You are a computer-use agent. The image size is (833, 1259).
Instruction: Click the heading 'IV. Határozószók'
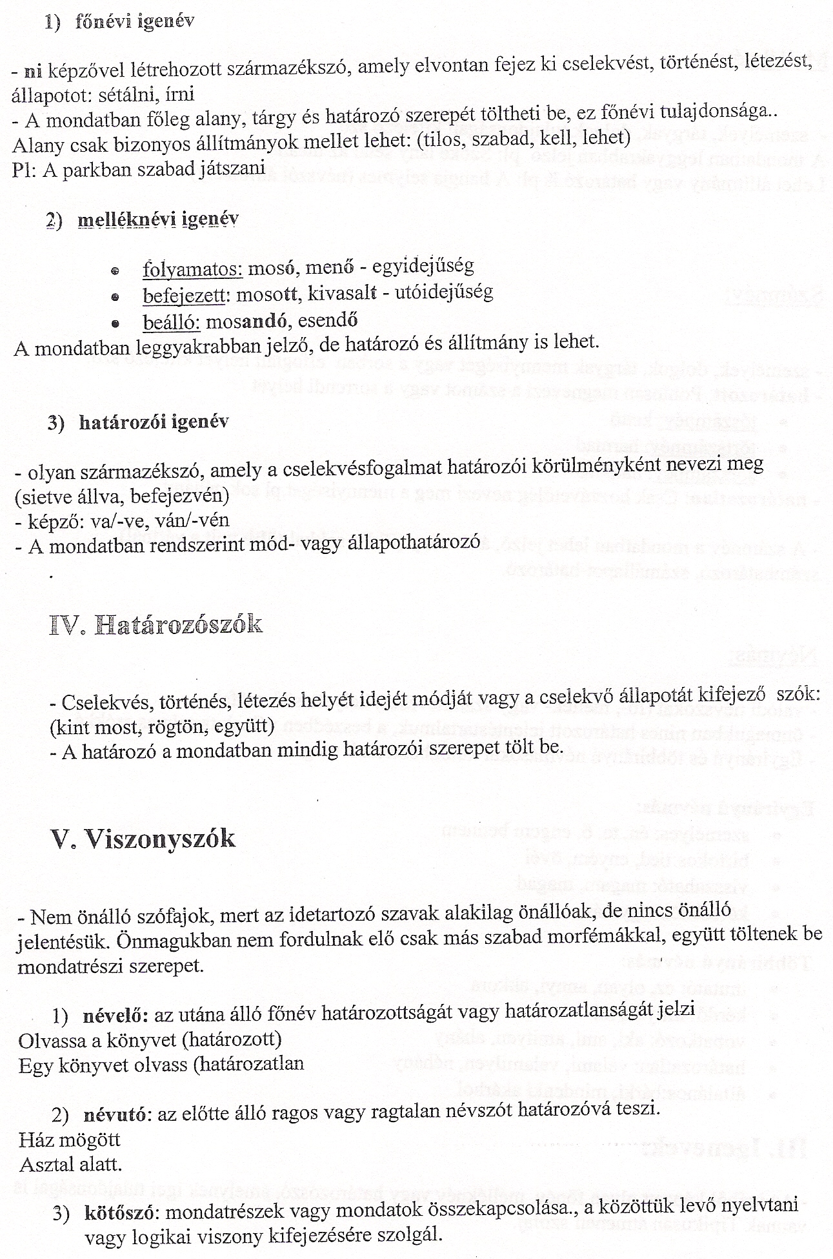tap(156, 625)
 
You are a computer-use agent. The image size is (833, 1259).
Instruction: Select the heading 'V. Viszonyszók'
tap(143, 839)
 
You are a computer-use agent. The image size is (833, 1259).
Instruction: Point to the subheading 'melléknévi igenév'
tap(157, 220)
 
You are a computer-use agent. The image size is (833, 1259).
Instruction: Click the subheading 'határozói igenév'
tap(154, 422)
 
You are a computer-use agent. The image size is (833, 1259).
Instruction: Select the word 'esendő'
tap(326, 320)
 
